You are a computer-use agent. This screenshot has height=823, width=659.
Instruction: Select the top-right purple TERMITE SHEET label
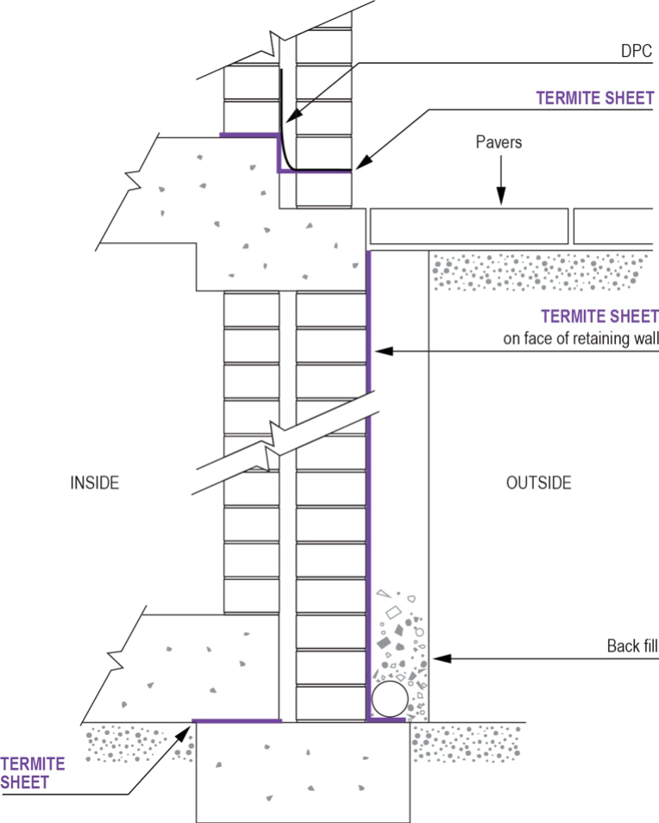tap(595, 98)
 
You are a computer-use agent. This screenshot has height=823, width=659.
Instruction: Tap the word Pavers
tap(499, 142)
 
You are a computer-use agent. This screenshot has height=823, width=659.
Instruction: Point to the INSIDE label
tap(94, 483)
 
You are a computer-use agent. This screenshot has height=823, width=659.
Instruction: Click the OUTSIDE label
tap(538, 483)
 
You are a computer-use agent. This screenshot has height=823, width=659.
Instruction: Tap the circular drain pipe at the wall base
tap(388, 699)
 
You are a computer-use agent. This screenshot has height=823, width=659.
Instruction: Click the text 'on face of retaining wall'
tap(581, 339)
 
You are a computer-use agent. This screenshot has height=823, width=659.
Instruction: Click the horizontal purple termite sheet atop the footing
tap(236, 720)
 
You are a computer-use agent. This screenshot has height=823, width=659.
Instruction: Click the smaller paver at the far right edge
tap(614, 226)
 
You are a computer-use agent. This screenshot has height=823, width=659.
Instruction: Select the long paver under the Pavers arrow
tap(468, 226)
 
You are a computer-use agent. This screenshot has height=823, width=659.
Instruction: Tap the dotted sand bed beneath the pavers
tap(539, 271)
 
